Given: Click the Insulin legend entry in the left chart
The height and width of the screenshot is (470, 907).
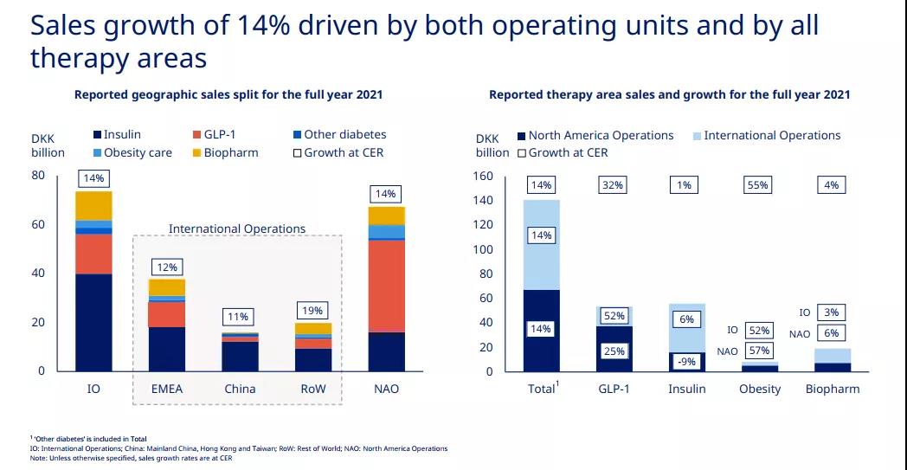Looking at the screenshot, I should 122,135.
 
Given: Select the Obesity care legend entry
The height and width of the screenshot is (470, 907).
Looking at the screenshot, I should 138,153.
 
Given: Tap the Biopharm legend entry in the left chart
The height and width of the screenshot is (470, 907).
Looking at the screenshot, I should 230,153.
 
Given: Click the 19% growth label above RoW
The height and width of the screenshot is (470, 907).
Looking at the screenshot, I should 313,310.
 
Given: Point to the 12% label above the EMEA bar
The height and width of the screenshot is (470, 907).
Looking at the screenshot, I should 167,267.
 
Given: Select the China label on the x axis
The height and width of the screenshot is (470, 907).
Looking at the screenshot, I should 240,389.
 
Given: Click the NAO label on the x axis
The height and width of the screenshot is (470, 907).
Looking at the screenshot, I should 387,389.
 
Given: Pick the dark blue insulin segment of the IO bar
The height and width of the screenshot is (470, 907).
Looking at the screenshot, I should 93,322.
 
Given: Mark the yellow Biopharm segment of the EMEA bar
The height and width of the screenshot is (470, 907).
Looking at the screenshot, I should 167,287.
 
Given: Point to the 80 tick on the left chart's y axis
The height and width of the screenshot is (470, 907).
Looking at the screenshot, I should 38,176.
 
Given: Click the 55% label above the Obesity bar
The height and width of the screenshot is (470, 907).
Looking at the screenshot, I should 758,185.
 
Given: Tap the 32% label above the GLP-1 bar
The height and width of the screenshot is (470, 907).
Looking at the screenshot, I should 614,185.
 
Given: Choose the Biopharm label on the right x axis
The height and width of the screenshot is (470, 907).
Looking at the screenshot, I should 833,389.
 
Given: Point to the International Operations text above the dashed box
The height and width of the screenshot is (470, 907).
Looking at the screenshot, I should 236,229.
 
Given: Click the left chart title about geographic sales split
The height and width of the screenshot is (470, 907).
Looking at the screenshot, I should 228,95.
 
